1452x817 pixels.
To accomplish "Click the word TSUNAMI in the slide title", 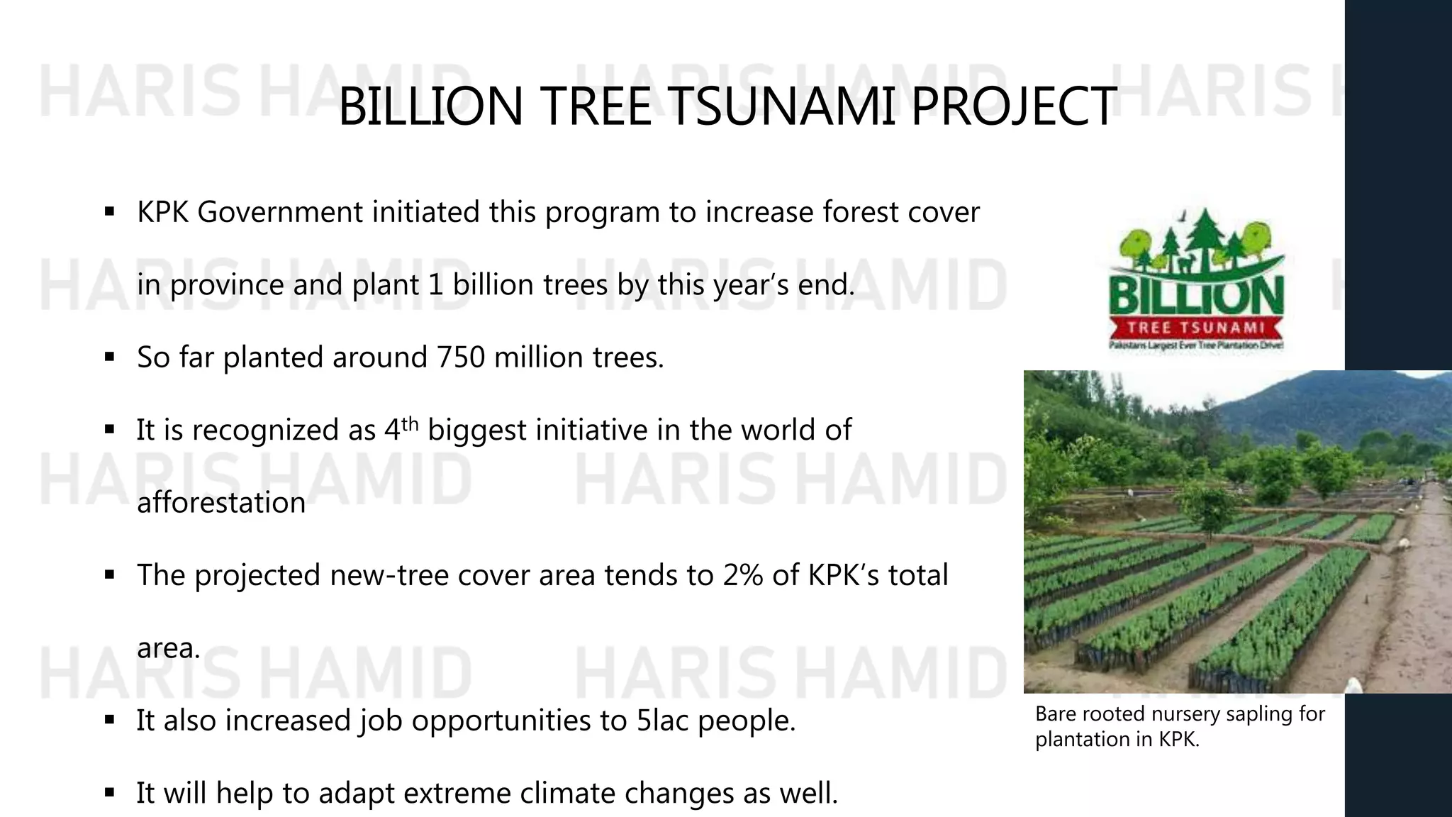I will [783, 107].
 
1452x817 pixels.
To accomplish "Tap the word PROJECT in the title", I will [1014, 107].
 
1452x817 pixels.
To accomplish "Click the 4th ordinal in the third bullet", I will [401, 429].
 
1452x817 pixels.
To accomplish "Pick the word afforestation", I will [220, 503].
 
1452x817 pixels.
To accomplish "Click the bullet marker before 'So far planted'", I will [109, 357].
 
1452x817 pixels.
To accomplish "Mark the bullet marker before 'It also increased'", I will [109, 721].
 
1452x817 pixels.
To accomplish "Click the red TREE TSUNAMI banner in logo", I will [1196, 328].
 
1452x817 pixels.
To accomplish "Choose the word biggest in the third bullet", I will [477, 430].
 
